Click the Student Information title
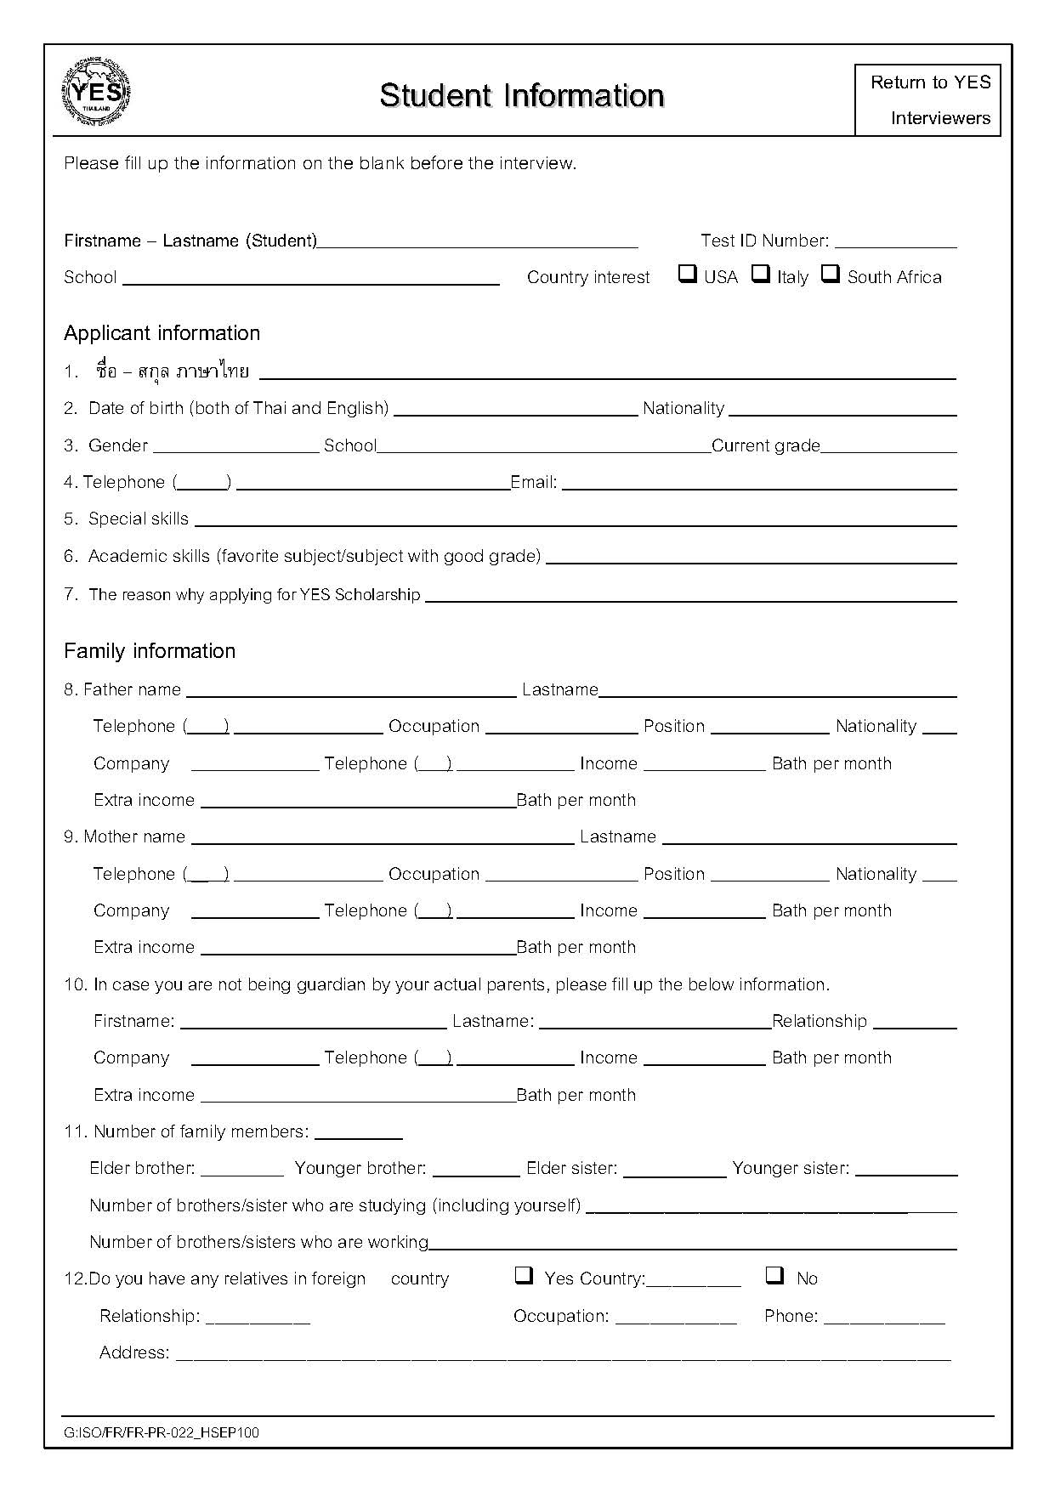521,95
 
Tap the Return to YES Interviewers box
928,99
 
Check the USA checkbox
687,274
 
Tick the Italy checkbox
761,274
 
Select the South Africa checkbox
831,274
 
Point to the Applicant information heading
162,333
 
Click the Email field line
759,488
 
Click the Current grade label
766,445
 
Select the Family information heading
150,651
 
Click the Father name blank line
351,694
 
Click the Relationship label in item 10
820,1021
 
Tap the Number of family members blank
358,1137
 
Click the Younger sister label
791,1168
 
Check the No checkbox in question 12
774,1275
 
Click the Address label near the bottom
134,1352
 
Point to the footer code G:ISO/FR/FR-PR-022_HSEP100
162,1432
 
